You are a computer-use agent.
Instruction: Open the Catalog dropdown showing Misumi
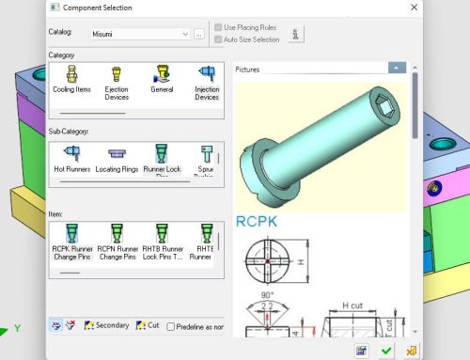[185, 34]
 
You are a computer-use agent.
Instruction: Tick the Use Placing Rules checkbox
[218, 28]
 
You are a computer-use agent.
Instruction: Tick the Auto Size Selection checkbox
[218, 39]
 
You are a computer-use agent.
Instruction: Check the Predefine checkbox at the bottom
[170, 326]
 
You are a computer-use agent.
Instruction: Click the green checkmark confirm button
[386, 351]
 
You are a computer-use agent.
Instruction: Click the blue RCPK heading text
[257, 224]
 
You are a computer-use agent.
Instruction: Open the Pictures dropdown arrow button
[398, 69]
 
